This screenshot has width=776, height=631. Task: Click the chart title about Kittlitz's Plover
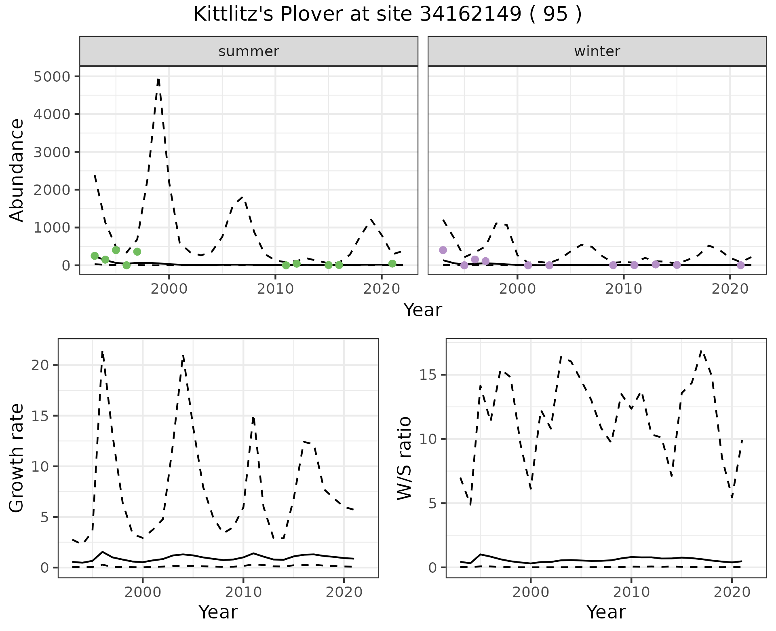[x=388, y=15]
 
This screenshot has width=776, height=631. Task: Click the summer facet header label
[x=249, y=51]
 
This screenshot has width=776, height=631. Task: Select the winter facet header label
[x=597, y=51]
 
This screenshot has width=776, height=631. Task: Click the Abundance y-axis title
[x=17, y=170]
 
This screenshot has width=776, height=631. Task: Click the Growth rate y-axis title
[x=17, y=458]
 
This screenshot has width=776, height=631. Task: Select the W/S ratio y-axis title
[x=405, y=458]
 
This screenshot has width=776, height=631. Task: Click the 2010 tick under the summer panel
[x=275, y=289]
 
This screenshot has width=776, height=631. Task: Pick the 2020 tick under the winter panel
[x=730, y=289]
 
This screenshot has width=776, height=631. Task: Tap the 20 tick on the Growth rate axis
[x=40, y=365]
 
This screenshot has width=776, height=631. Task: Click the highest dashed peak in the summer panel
[x=158, y=79]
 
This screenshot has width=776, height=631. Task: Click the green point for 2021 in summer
[x=392, y=264]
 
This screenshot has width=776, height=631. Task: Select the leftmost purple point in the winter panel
[x=443, y=250]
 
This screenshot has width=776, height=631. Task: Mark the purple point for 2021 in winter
[x=740, y=265]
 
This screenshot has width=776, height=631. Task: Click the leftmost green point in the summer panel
[x=95, y=256]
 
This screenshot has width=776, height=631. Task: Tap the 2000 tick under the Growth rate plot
[x=142, y=593]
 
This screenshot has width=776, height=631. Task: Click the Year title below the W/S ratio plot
[x=606, y=612]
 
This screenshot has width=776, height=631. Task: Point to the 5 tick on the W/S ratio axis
[x=432, y=504]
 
